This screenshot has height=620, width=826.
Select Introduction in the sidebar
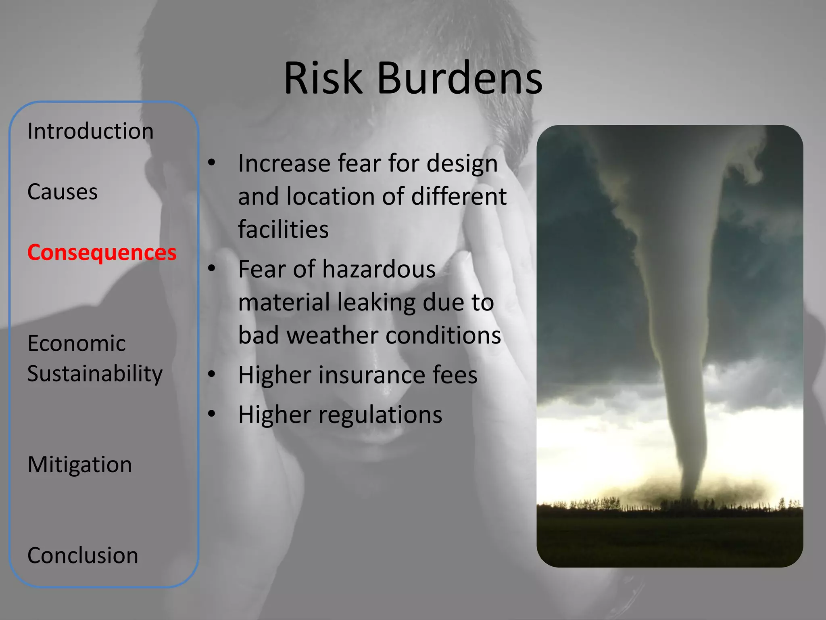pos(90,131)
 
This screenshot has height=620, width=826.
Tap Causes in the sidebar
pos(63,192)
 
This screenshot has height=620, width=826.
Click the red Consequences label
pos(102,253)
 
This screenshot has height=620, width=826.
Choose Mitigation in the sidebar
pos(79,465)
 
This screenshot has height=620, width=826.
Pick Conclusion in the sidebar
pos(83,555)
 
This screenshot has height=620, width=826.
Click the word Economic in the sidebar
pos(77,344)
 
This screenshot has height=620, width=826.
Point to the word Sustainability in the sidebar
pos(95,374)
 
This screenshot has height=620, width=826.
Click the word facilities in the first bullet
pos(283,229)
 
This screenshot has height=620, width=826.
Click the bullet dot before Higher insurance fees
pos(212,374)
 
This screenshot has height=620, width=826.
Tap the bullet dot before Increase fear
pos(212,163)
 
